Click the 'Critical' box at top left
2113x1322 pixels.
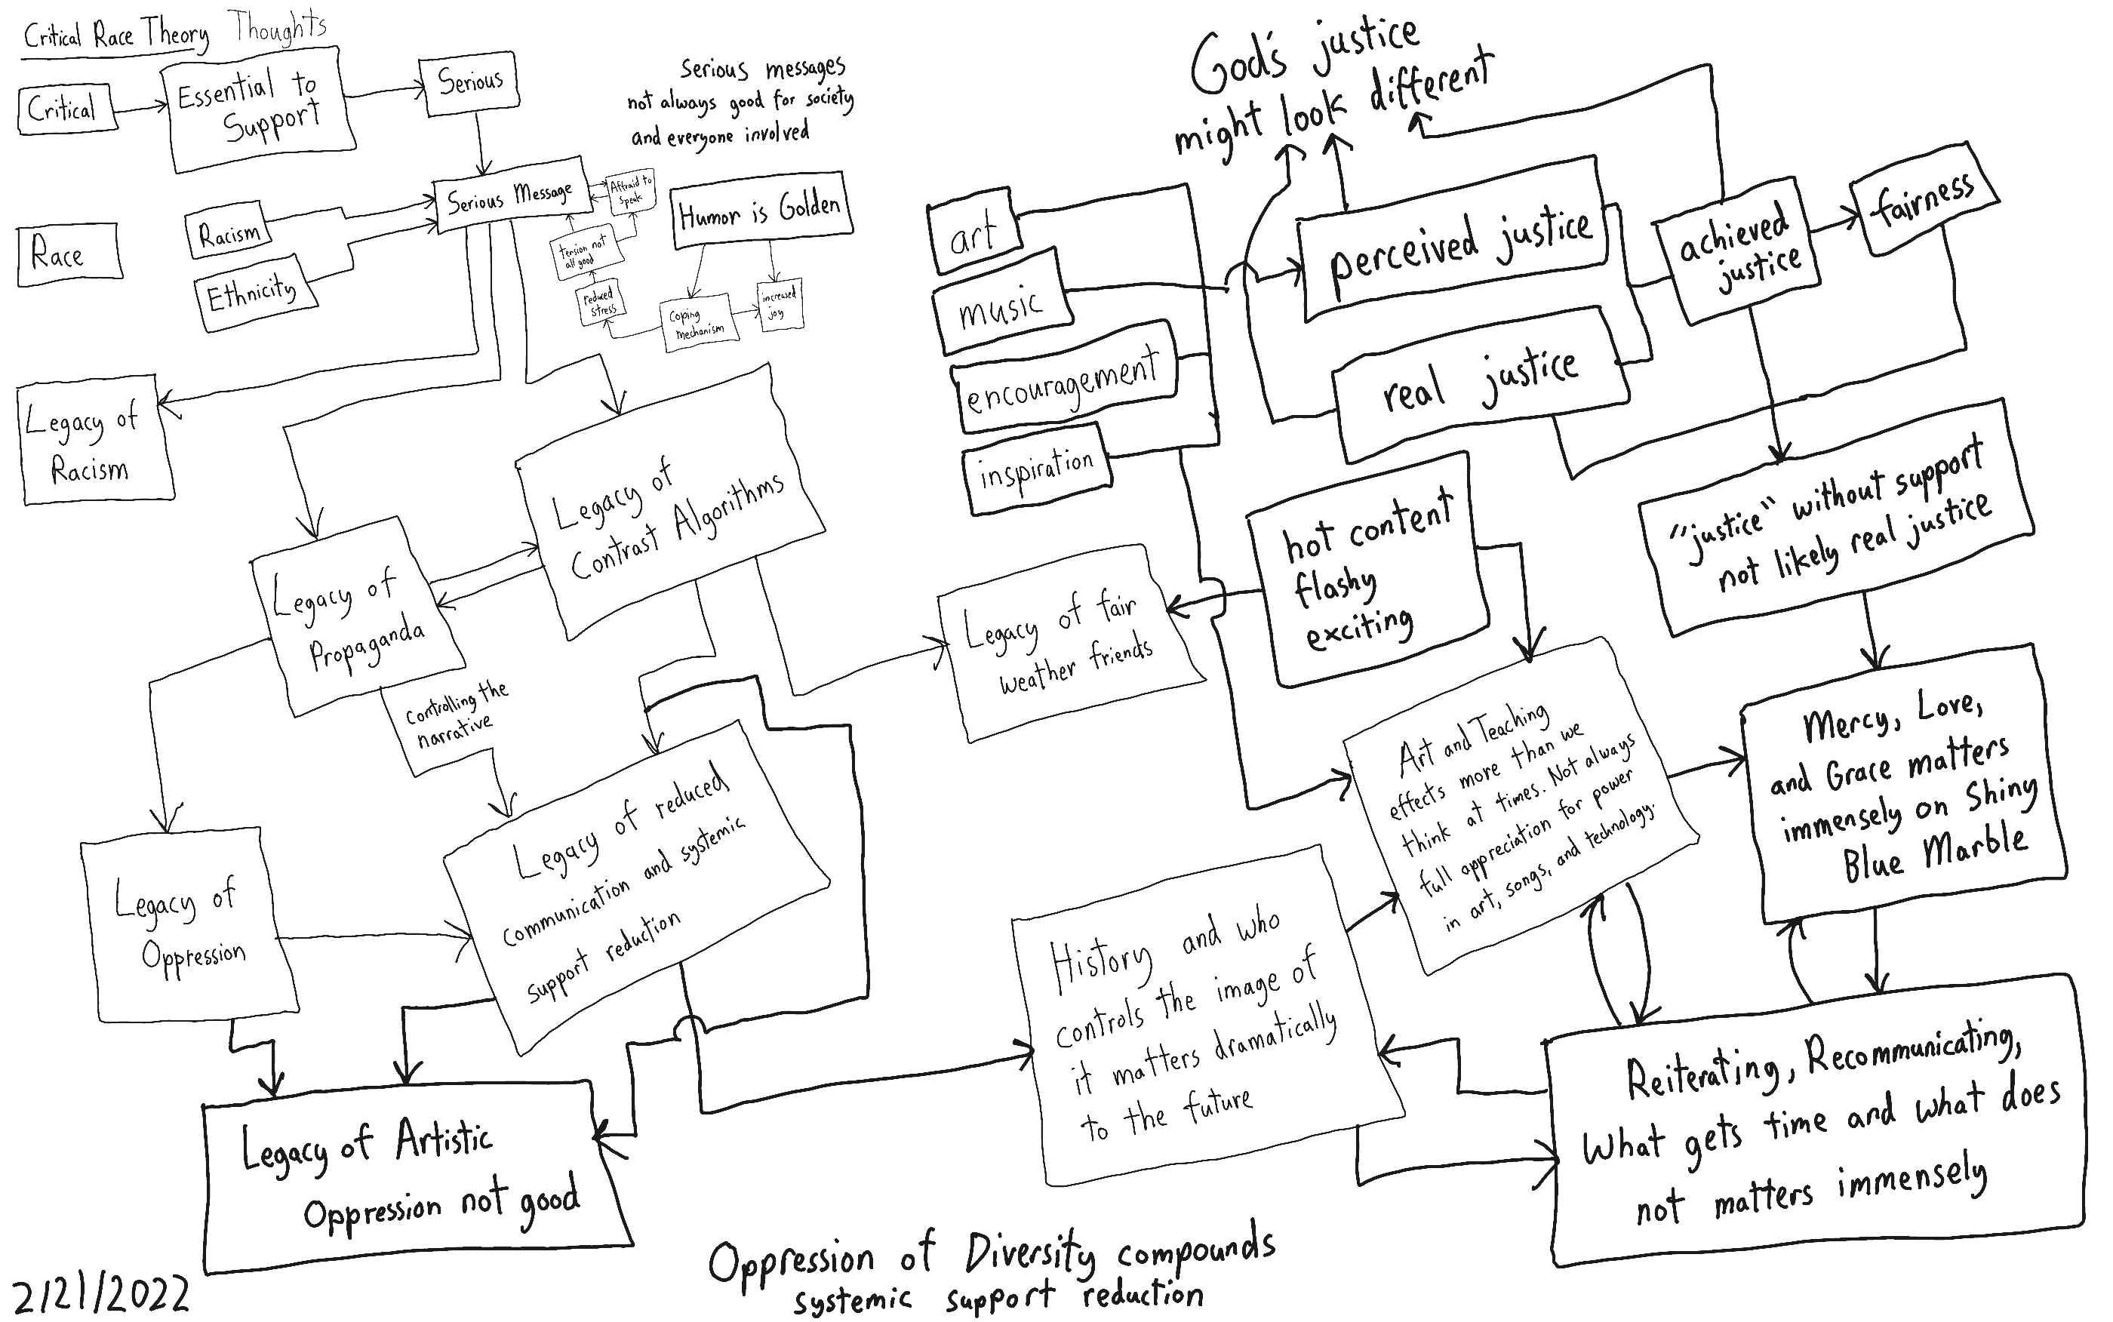tap(67, 109)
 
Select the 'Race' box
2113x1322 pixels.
tap(68, 254)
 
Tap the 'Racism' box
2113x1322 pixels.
tap(228, 233)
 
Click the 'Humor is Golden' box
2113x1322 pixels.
tap(760, 211)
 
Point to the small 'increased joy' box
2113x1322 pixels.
tap(779, 304)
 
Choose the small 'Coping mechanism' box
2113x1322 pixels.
tap(700, 325)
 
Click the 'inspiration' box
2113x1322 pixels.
tap(1036, 469)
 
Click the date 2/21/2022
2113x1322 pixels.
tap(100, 1294)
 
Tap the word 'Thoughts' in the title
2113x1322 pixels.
tap(279, 28)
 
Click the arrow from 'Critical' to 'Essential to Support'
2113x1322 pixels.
tap(140, 108)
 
